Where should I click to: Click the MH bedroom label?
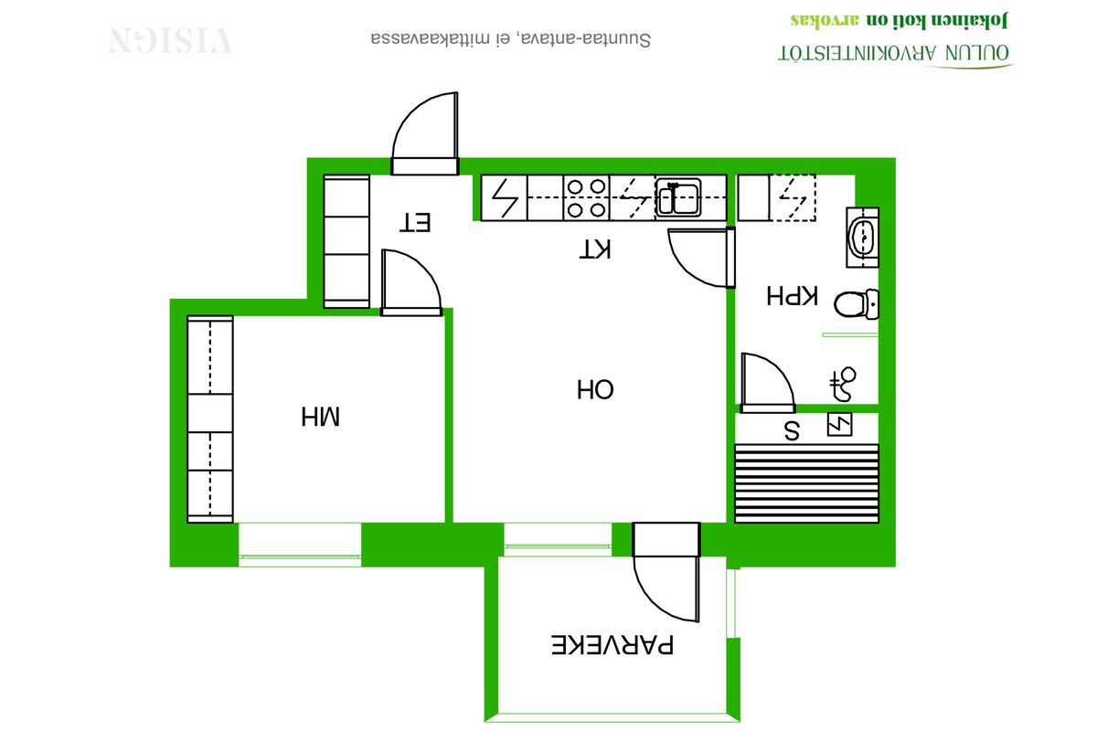coord(320,416)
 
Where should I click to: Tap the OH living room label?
coord(595,390)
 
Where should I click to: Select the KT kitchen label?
coord(595,249)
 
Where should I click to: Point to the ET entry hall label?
coord(415,222)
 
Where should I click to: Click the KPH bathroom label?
coord(792,296)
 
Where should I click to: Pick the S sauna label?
coord(792,431)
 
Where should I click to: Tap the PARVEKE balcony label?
coord(612,644)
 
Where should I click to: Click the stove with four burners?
coord(586,197)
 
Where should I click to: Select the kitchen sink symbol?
coord(677,197)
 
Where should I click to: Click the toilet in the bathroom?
coord(857,304)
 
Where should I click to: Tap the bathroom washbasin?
coord(863,238)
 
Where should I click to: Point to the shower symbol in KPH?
coord(843,384)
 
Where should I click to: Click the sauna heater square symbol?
coord(840,425)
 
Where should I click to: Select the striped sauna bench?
coord(806,483)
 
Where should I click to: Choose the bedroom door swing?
coord(411,282)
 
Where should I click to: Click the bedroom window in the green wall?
coord(300,545)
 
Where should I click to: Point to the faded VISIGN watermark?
coord(170,40)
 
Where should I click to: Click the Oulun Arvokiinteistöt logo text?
coord(894,53)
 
